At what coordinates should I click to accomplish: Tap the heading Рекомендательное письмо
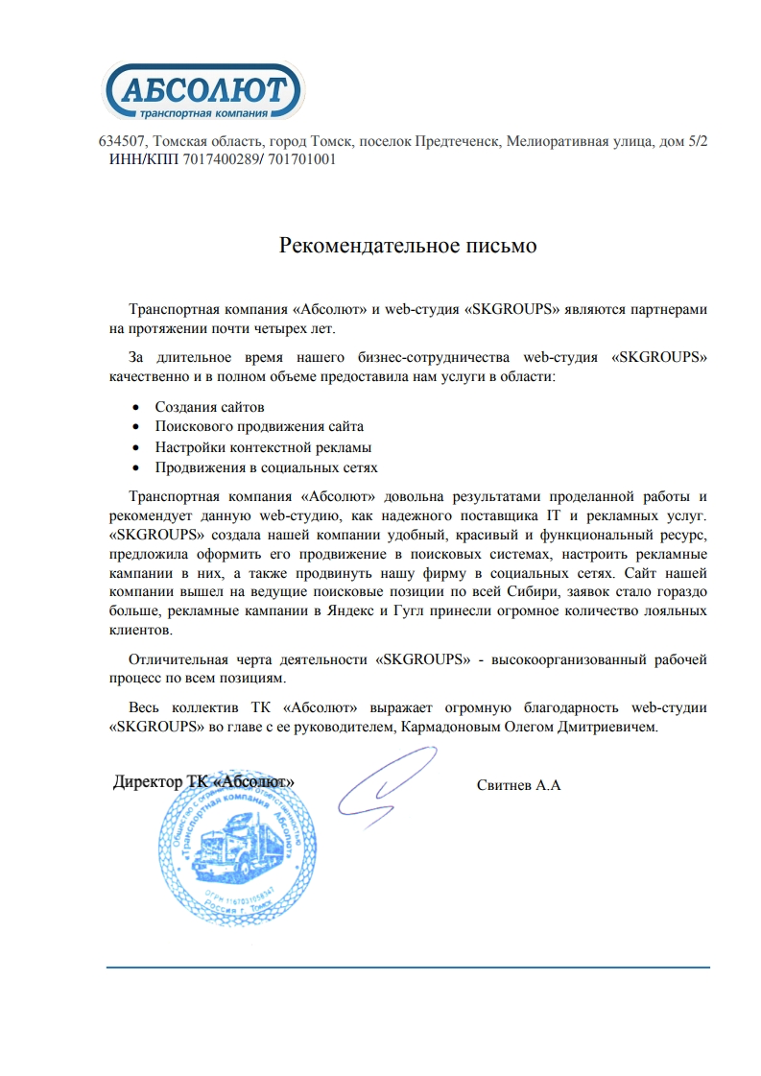408,246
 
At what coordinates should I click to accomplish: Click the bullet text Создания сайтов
209,407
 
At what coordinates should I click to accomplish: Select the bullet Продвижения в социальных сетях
266,467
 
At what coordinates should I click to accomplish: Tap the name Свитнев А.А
518,785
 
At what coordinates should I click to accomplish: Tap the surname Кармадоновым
445,728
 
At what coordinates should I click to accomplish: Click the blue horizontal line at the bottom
408,967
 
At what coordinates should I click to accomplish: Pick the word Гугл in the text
429,610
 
